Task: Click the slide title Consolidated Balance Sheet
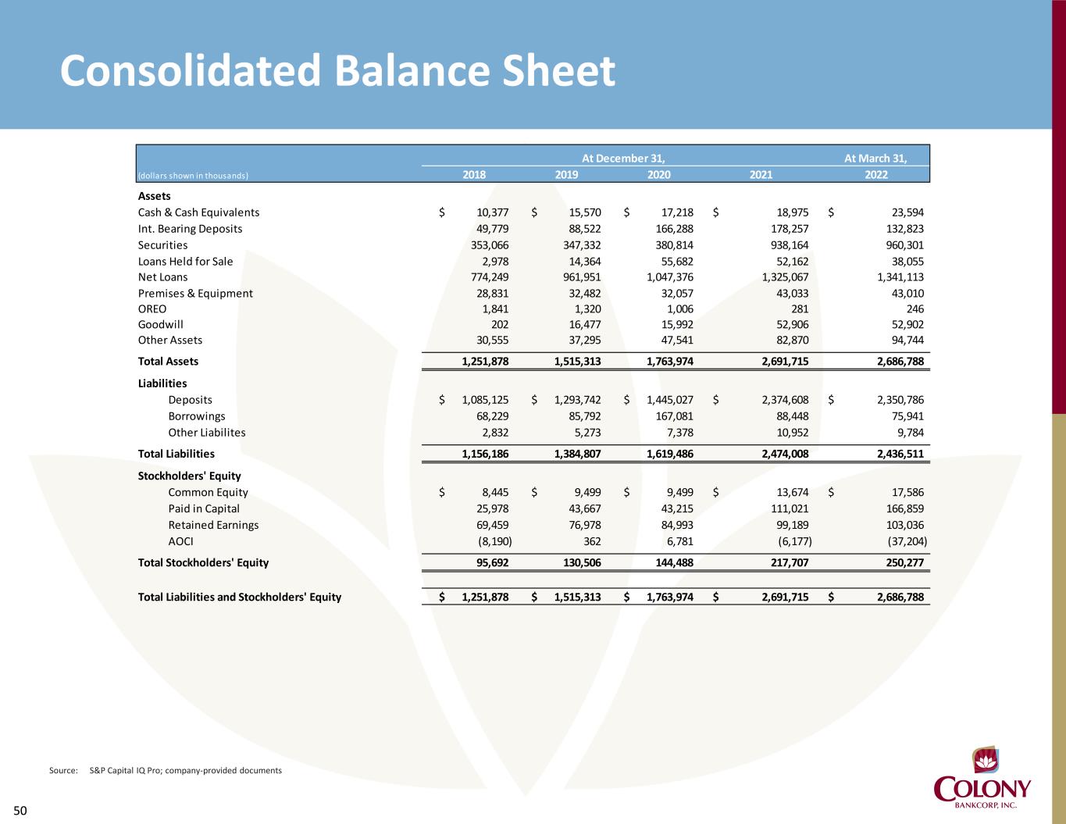[x=337, y=71]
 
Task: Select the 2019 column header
[x=566, y=175]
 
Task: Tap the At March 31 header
[x=875, y=159]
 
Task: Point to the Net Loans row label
[x=163, y=277]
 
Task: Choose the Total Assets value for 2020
[x=669, y=362]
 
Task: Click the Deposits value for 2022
[x=898, y=400]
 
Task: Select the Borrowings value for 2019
[x=583, y=416]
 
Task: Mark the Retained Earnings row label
[x=213, y=525]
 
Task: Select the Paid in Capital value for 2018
[x=491, y=508]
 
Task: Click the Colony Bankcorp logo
[x=982, y=781]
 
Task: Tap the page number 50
[x=20, y=811]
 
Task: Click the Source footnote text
[x=166, y=771]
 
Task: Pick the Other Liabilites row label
[x=207, y=433]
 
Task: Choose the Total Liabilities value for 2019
[x=577, y=454]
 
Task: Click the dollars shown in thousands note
[x=193, y=176]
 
